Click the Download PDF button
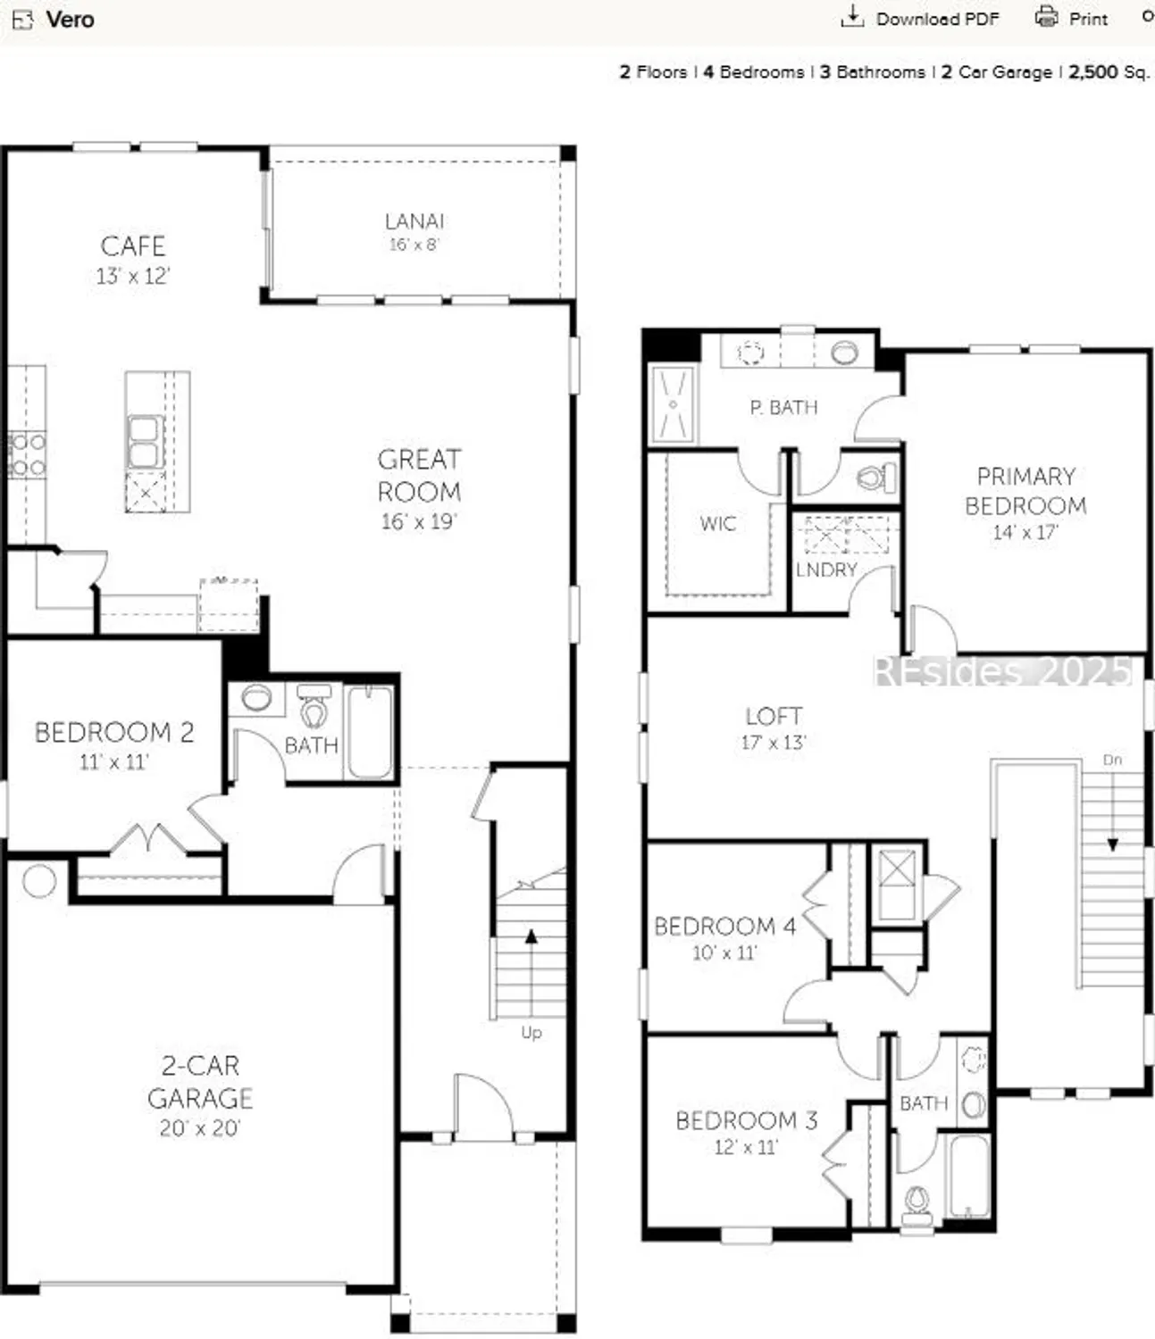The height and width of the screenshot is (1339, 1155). coord(921,19)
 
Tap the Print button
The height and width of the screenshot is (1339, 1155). coord(1071,19)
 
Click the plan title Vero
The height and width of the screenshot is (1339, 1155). coord(69,19)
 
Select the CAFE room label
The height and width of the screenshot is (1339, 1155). coord(132,246)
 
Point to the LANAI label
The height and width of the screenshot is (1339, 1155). coord(414,221)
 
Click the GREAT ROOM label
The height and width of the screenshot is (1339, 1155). coord(419,475)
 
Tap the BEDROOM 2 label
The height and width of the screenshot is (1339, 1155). coord(113,733)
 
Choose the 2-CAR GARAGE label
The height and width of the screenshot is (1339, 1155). coord(200,1081)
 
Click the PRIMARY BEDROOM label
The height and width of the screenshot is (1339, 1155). coord(1025,490)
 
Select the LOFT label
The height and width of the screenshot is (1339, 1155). coord(774,716)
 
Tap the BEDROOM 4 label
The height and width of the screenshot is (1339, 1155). coord(724,926)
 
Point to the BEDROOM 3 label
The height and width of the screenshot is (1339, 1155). coord(746,1120)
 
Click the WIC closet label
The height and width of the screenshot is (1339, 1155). coord(717,523)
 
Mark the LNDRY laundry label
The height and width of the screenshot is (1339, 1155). coord(826,570)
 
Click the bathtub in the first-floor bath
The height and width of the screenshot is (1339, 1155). coord(369,732)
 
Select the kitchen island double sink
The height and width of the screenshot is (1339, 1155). coord(144,442)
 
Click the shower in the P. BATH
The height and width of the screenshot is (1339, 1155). coord(672,405)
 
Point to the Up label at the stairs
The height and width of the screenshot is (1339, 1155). coord(531,1032)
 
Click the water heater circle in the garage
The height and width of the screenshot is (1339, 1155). coord(39,881)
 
